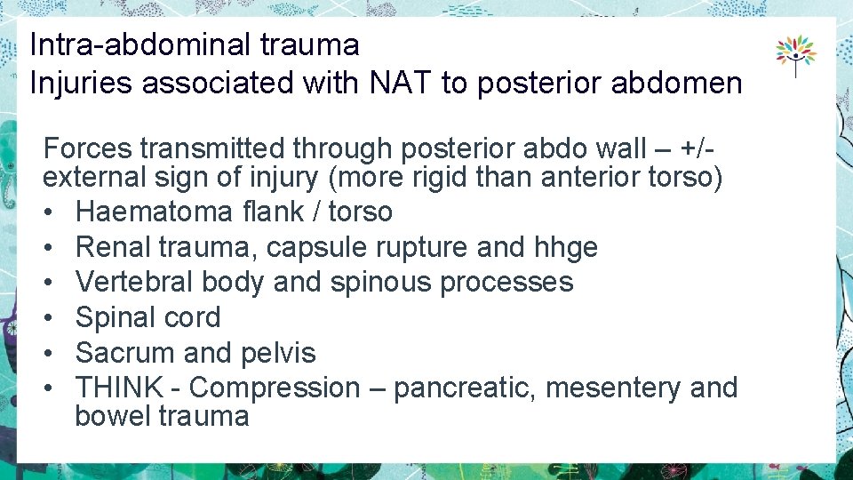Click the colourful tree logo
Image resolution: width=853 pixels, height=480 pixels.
[x=795, y=55]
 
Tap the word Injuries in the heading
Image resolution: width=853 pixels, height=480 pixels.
[x=81, y=83]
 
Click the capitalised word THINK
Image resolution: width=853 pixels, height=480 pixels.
[x=119, y=388]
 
